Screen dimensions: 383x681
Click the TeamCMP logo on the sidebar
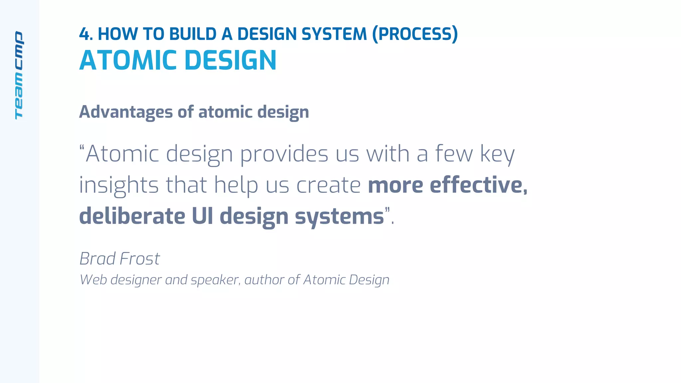coord(19,75)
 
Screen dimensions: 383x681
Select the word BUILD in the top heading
coord(193,34)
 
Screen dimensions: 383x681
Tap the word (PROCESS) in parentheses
coord(415,34)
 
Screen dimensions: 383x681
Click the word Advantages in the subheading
coord(126,112)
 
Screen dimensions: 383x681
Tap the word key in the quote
coord(497,154)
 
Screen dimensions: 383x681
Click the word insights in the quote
coord(119,186)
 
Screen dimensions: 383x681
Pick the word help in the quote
coord(236,186)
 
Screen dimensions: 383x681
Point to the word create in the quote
coord(328,186)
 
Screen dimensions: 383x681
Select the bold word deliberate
coord(132,216)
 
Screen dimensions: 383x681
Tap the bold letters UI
coord(202,216)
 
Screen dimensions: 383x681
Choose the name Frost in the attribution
coord(140,259)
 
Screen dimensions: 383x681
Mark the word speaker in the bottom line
coord(215,280)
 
